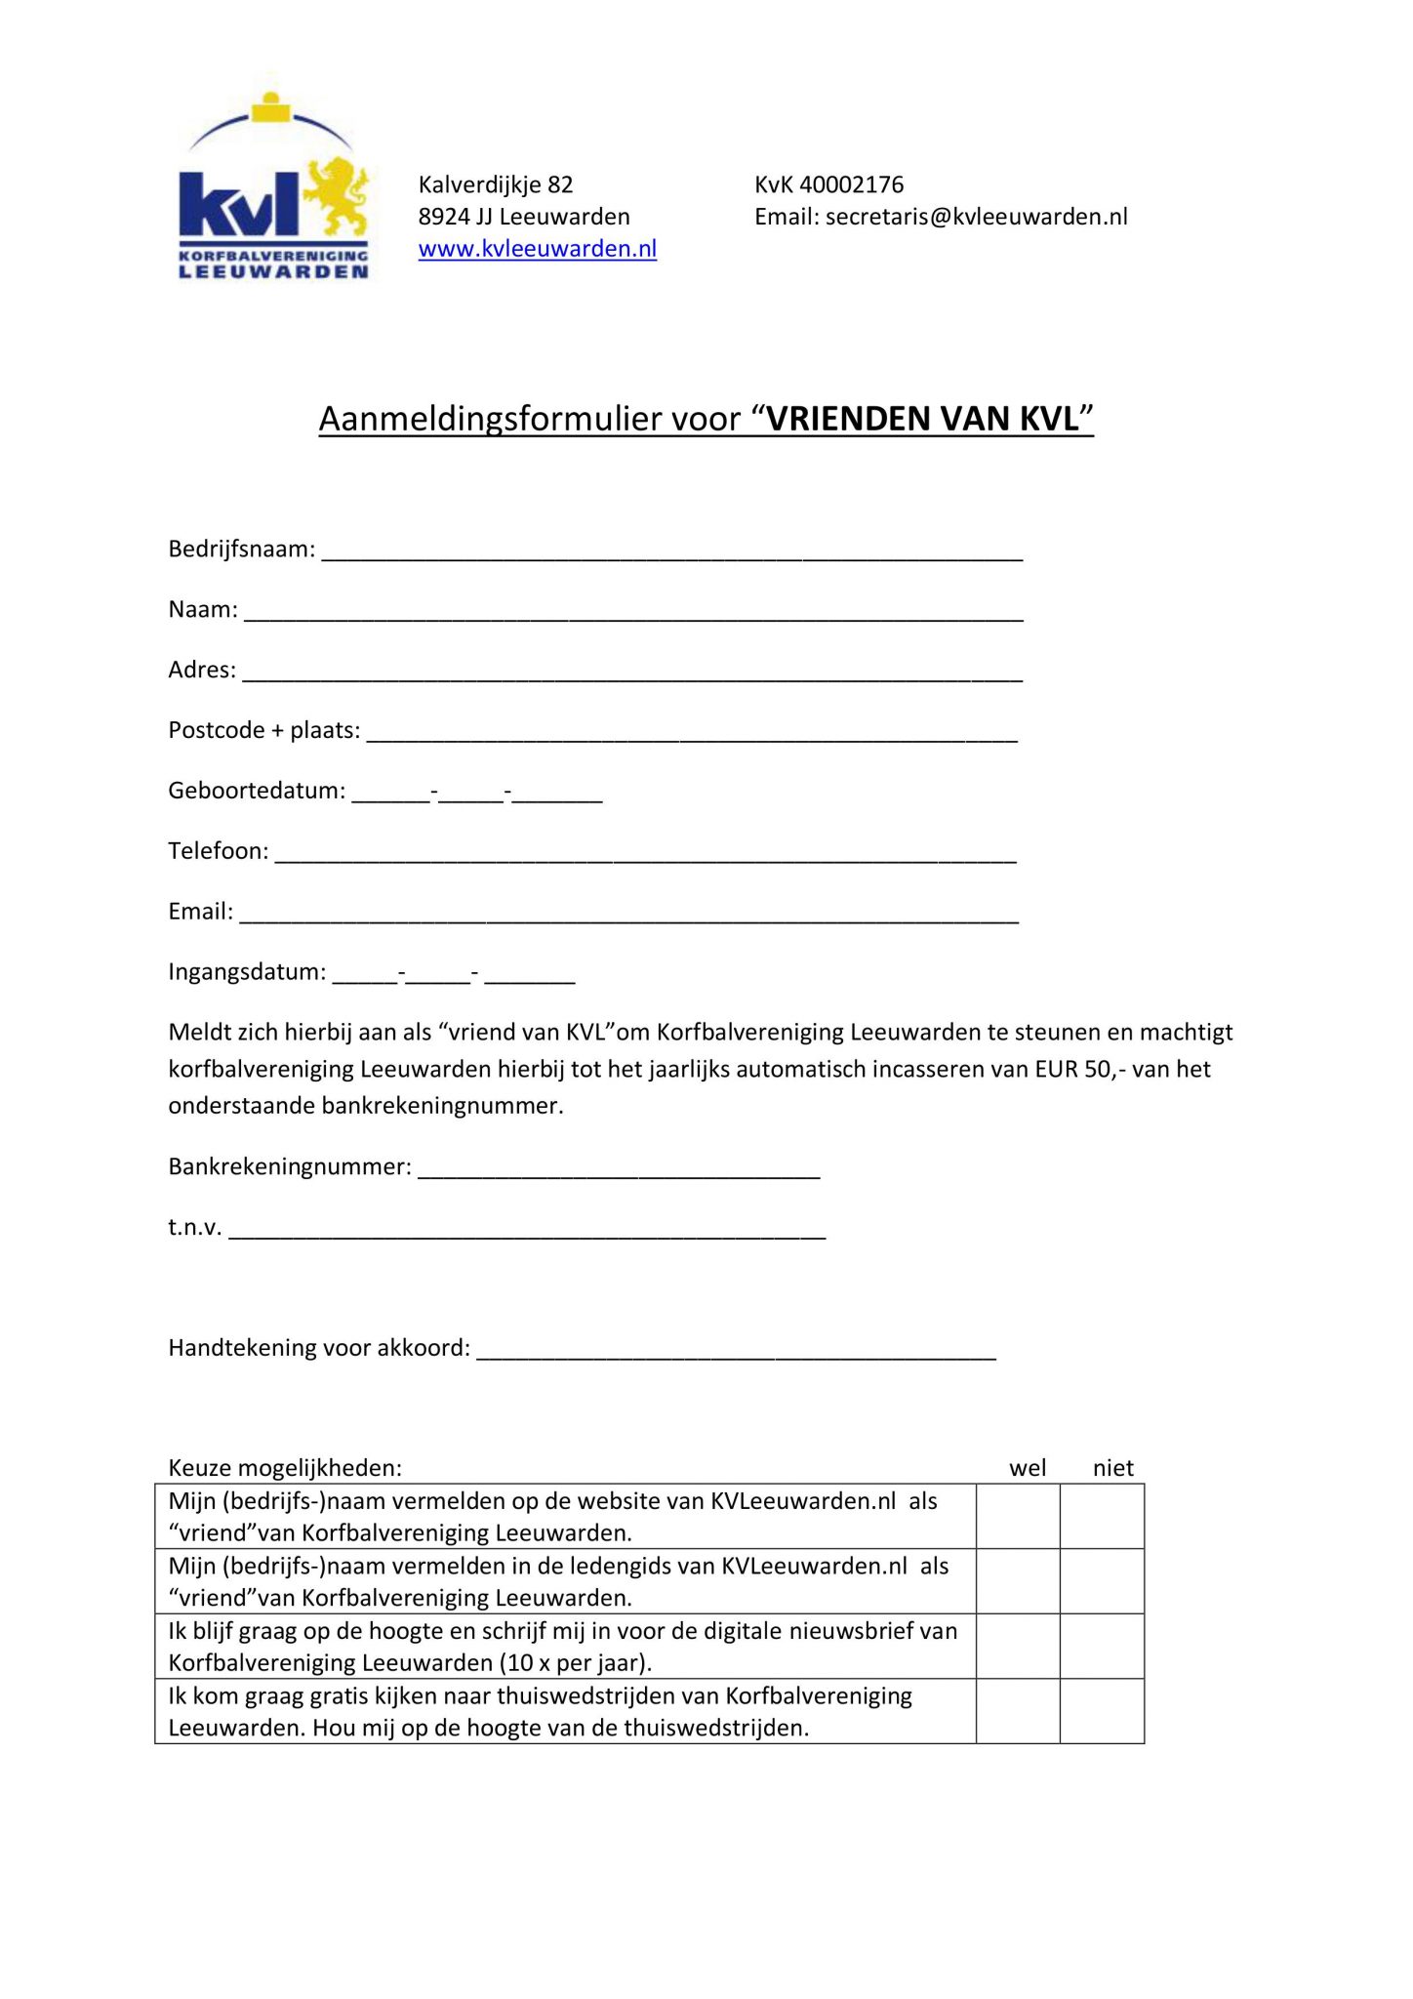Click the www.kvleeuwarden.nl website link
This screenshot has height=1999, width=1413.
pyautogui.click(x=537, y=249)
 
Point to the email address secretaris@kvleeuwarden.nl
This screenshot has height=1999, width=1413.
pyautogui.click(x=976, y=217)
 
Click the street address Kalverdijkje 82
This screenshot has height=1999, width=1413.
pyautogui.click(x=495, y=184)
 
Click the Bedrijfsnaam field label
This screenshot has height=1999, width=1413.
pyautogui.click(x=241, y=550)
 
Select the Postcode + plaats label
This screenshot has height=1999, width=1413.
pyautogui.click(x=263, y=731)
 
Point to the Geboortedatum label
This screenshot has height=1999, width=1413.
pyautogui.click(x=257, y=791)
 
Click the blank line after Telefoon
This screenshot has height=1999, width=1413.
pyautogui.click(x=644, y=857)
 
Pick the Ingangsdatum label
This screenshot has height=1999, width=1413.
pyautogui.click(x=247, y=972)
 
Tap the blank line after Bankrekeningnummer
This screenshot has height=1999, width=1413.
pyautogui.click(x=619, y=1173)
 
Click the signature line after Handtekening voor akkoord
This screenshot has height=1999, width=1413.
pyautogui.click(x=736, y=1354)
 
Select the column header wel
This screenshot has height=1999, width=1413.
pyautogui.click(x=1028, y=1468)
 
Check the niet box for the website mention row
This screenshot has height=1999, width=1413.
pyautogui.click(x=1102, y=1516)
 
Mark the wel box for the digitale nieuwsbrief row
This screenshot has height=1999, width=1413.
pyautogui.click(x=1018, y=1646)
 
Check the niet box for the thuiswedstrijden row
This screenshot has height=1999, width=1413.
pyautogui.click(x=1102, y=1711)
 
